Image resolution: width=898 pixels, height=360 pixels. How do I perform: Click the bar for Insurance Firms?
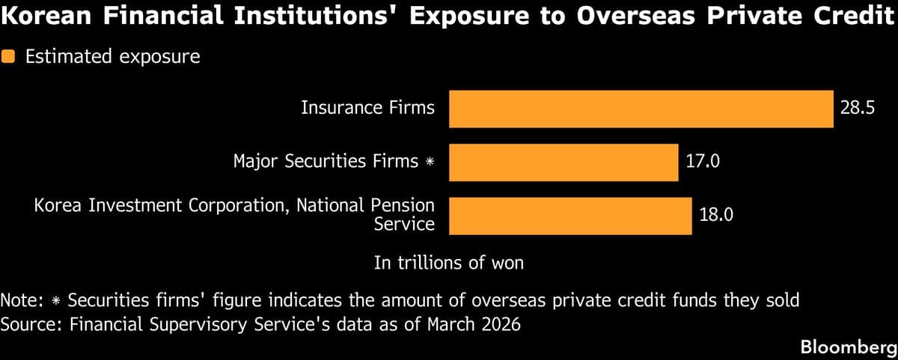point(641,109)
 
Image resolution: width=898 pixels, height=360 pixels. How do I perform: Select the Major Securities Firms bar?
point(563,162)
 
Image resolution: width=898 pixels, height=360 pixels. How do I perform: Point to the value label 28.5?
point(857,109)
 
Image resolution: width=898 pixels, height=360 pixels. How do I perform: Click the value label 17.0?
point(702,162)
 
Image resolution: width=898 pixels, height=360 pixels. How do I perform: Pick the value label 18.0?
point(715,215)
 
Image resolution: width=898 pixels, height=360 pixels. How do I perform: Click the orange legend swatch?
point(9,57)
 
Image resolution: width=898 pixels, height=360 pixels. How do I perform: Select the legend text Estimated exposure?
point(113,57)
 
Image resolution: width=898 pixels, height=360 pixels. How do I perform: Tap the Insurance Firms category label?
point(367,108)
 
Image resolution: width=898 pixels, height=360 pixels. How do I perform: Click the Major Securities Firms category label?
point(326,161)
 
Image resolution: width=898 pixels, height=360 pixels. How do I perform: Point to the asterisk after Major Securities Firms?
point(430,162)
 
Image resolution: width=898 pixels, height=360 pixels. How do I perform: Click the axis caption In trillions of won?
point(448,263)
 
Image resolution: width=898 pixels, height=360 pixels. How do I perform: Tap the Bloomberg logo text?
point(848,347)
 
